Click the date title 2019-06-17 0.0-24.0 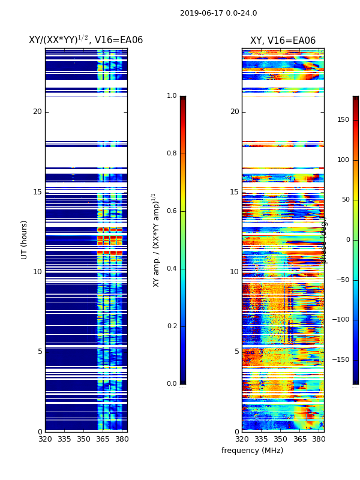[x=218, y=13]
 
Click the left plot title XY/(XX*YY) [x=86, y=40]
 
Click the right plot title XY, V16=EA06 [x=283, y=41]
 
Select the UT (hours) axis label [x=25, y=239]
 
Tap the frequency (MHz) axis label [x=252, y=451]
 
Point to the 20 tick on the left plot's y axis [x=37, y=112]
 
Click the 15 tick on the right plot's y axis [x=235, y=192]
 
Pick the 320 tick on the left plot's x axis [x=45, y=439]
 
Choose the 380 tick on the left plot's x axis [x=122, y=439]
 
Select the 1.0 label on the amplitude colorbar [x=172, y=96]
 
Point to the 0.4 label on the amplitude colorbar [x=172, y=269]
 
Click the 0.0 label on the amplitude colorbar [x=172, y=384]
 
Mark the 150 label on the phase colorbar [x=343, y=119]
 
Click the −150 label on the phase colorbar [x=341, y=359]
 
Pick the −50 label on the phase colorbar [x=343, y=280]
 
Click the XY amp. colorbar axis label [x=156, y=240]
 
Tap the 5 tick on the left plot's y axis [x=40, y=352]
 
